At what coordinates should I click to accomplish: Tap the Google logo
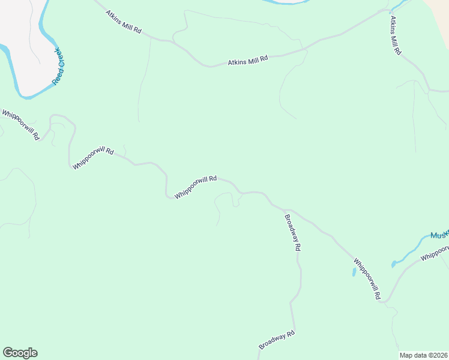click(20, 353)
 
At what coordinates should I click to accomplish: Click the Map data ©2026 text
click(424, 355)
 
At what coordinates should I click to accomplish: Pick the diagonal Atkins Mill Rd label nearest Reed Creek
click(123, 22)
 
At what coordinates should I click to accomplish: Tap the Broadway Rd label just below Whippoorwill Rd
click(292, 233)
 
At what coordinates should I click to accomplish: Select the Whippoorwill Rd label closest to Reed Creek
click(20, 124)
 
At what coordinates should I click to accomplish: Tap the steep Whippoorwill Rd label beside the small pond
click(367, 279)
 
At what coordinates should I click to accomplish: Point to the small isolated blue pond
click(354, 272)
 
